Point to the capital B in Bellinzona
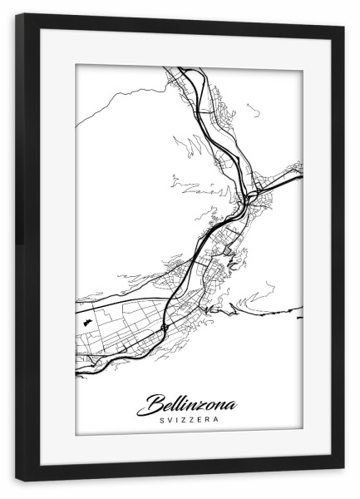pyautogui.click(x=155, y=405)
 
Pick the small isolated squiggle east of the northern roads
pyautogui.click(x=254, y=109)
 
